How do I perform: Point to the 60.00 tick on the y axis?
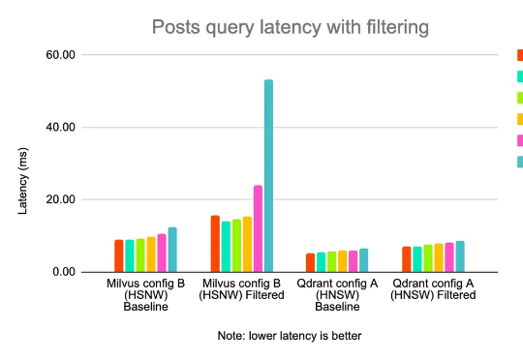click(x=60, y=55)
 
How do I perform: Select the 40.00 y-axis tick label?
click(x=60, y=127)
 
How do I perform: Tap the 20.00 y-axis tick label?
click(x=60, y=199)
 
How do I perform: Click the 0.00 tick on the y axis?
click(x=64, y=272)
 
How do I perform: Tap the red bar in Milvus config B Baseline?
click(x=119, y=255)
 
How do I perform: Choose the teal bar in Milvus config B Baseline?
click(x=172, y=250)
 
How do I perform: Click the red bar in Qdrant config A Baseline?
click(x=310, y=262)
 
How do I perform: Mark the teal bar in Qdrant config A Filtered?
click(x=460, y=256)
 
